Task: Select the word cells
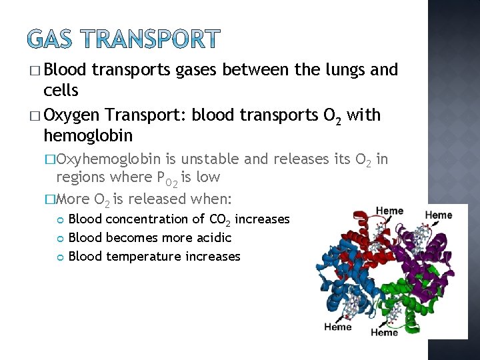(x=61, y=90)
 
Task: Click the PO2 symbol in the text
(x=164, y=178)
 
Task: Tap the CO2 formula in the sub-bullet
(x=219, y=219)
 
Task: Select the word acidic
(x=211, y=237)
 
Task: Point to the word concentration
(x=147, y=219)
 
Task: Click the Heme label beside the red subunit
(x=389, y=211)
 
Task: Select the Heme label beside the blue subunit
(x=337, y=327)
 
